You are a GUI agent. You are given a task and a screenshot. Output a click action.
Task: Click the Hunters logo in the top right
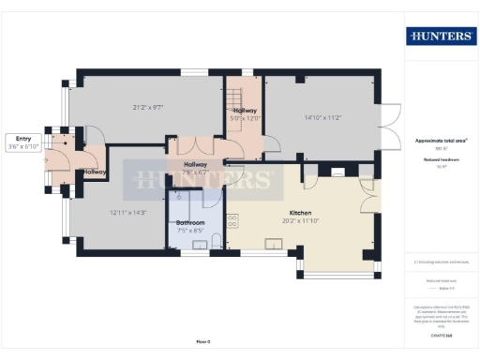(x=441, y=37)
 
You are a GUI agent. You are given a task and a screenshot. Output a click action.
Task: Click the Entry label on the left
(x=22, y=139)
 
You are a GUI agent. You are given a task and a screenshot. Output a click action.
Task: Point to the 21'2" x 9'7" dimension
(x=148, y=108)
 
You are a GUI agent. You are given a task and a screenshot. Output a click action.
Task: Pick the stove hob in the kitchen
(x=233, y=223)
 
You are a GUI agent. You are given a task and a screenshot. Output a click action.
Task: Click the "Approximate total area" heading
(x=441, y=141)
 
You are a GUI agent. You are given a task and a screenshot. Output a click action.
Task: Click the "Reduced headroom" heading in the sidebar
(x=441, y=160)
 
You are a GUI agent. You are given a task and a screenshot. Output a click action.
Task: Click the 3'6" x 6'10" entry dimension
(x=22, y=147)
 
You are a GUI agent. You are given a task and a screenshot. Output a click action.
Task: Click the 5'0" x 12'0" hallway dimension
(x=246, y=118)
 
